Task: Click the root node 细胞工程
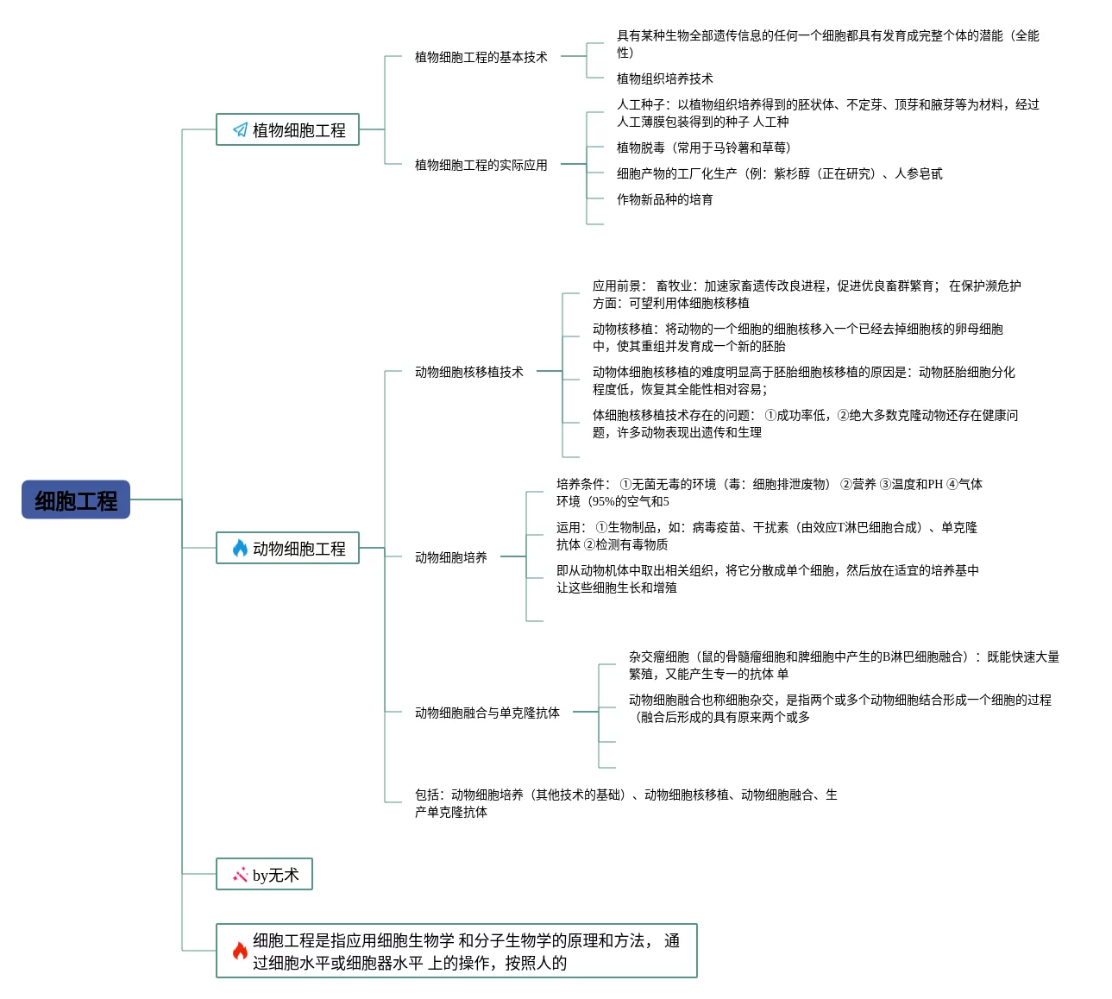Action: click(x=76, y=500)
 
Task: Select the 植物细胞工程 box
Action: click(x=287, y=129)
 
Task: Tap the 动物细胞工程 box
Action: click(x=287, y=548)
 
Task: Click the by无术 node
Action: click(x=264, y=874)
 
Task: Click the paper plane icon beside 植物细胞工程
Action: click(x=240, y=129)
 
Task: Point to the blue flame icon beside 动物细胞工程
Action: click(x=240, y=548)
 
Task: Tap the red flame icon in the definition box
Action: click(x=240, y=951)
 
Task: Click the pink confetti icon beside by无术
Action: click(x=240, y=875)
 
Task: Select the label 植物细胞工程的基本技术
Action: click(x=481, y=57)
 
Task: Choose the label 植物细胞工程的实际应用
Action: click(x=481, y=165)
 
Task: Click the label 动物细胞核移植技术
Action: click(x=468, y=372)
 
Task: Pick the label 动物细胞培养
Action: click(x=450, y=557)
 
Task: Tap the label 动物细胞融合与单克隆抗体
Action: click(x=487, y=713)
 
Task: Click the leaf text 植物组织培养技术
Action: click(x=664, y=79)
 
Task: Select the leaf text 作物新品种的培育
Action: click(x=664, y=199)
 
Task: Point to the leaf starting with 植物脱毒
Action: click(x=703, y=148)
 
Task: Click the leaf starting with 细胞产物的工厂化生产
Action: click(x=779, y=173)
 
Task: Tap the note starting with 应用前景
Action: click(x=806, y=294)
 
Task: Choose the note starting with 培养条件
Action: click(x=769, y=493)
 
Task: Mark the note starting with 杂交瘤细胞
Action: click(x=843, y=665)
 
